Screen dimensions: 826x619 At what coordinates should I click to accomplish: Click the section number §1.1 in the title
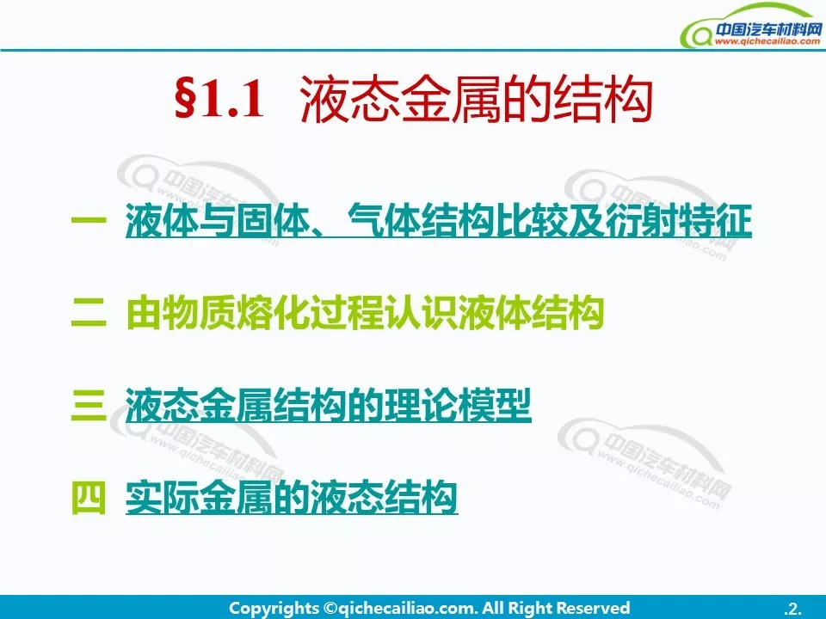pyautogui.click(x=219, y=99)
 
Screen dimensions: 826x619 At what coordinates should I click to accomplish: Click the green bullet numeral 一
pyautogui.click(x=89, y=221)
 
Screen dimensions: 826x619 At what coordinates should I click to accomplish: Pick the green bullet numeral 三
pyautogui.click(x=89, y=404)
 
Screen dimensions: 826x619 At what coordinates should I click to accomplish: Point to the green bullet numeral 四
pyautogui.click(x=89, y=497)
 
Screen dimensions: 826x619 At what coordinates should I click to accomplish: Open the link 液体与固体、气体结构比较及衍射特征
pyautogui.click(x=438, y=221)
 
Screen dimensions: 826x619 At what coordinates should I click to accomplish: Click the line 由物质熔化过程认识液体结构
pyautogui.click(x=365, y=313)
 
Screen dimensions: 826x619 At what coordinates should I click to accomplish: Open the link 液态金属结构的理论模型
pyautogui.click(x=328, y=405)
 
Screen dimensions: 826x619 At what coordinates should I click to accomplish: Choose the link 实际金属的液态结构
pyautogui.click(x=292, y=497)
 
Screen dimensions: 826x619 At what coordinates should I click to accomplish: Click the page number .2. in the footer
pyautogui.click(x=792, y=609)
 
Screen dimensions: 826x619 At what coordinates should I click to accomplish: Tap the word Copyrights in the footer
pyautogui.click(x=274, y=608)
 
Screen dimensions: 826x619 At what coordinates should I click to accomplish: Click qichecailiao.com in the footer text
pyautogui.click(x=407, y=609)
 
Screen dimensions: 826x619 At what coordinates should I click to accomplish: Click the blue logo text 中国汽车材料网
pyautogui.click(x=768, y=29)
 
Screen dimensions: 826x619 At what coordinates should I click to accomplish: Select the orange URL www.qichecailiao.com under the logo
pyautogui.click(x=767, y=41)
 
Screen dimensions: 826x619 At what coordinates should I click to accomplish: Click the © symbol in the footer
pyautogui.click(x=330, y=609)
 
